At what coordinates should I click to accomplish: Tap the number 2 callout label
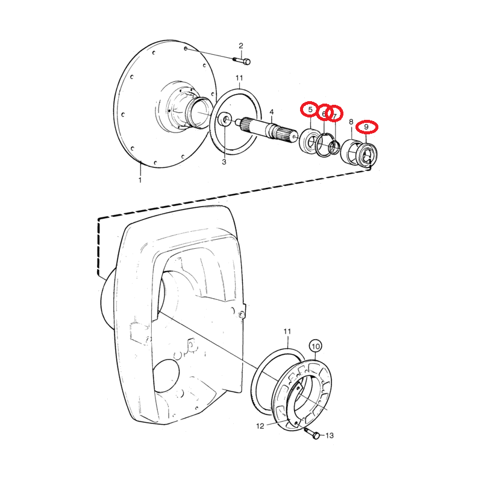point(241,46)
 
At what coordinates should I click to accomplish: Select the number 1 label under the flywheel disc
point(140,179)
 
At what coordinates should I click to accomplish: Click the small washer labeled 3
point(224,120)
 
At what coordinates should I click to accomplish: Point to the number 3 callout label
point(224,162)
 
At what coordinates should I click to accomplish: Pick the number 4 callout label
point(272,112)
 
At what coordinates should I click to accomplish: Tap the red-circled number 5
point(310,110)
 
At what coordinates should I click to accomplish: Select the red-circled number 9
point(366,127)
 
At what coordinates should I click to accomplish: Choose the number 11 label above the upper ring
point(239,78)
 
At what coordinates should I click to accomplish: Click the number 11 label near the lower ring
point(287,332)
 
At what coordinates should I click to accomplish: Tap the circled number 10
point(316,346)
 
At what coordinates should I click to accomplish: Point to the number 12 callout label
point(260,426)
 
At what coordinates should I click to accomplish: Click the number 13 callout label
point(329,435)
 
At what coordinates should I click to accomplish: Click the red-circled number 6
point(324,113)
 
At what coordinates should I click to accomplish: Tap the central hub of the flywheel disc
point(191,111)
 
